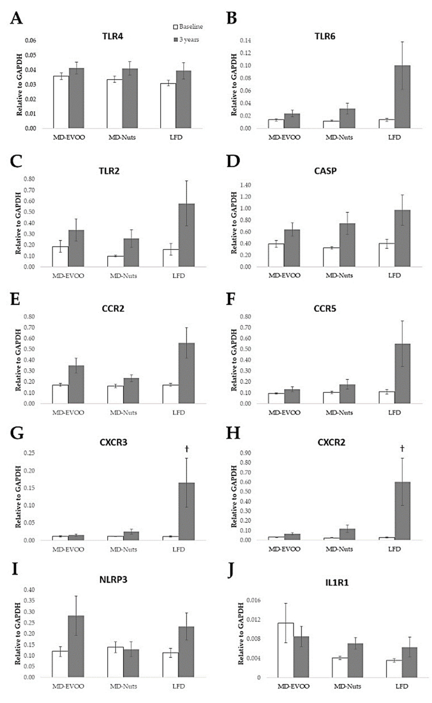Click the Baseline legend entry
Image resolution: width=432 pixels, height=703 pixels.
[x=188, y=27]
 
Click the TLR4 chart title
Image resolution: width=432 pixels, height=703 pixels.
[x=113, y=37]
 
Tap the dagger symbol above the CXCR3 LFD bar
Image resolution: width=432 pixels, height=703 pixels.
[x=187, y=449]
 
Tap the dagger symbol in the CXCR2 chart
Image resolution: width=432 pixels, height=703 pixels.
[x=402, y=448]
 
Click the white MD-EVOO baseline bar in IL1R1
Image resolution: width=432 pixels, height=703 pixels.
[x=285, y=650]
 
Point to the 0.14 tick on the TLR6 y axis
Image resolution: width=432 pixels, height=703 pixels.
[x=245, y=40]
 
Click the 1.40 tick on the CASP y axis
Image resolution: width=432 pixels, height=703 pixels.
[x=245, y=185]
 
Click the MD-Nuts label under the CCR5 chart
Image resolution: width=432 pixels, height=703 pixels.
[x=339, y=413]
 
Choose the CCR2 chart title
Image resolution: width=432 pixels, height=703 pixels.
[x=113, y=309]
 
